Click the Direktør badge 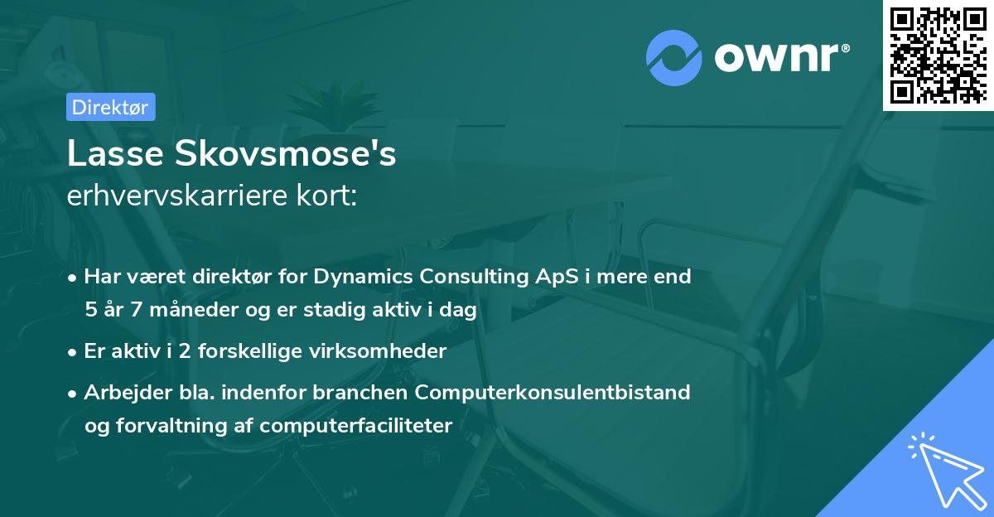(110, 107)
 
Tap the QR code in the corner (938, 55)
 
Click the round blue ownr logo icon (674, 58)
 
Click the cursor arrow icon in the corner (944, 468)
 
